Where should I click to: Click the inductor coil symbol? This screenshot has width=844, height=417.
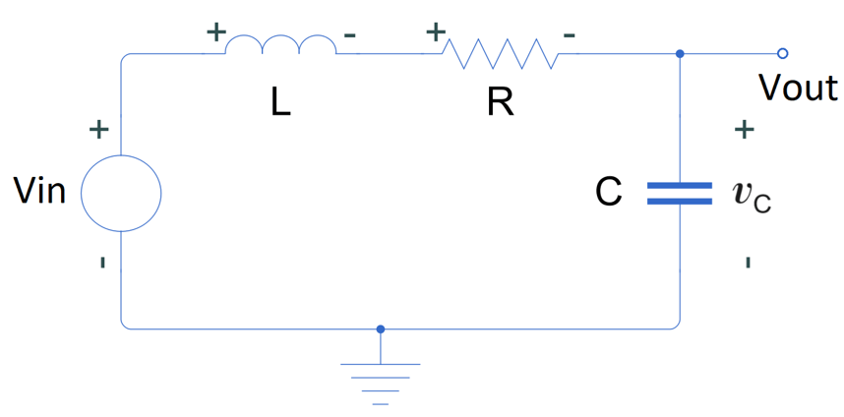coord(280,45)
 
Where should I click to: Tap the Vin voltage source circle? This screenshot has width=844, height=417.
coord(120,193)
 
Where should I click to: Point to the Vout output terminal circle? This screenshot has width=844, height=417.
coord(782,53)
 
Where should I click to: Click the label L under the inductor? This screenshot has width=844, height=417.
coord(281,103)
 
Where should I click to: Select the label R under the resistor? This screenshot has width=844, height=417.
coord(501,103)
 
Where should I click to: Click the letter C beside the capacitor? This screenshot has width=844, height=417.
coord(609,193)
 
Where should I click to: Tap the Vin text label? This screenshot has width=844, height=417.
coord(40,191)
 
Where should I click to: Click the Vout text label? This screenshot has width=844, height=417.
coord(798,89)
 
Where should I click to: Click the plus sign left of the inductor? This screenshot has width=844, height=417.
coord(214,30)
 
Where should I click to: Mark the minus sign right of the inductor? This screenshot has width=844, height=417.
coord(350,35)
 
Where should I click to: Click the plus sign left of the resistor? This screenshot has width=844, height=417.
coord(436,31)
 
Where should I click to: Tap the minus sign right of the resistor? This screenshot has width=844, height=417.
coord(570,35)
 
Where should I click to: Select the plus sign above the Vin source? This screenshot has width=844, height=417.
coord(98,130)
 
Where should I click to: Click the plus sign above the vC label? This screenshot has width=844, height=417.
coord(746,129)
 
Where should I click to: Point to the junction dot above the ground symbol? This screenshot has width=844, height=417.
coord(381,328)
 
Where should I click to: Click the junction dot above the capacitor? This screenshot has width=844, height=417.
coord(680,53)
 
